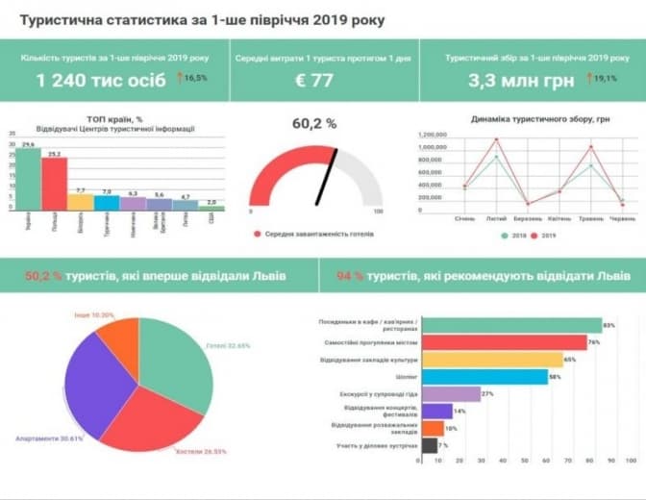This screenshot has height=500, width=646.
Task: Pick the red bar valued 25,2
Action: tap(54, 184)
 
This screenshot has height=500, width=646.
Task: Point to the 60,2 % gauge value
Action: tap(314, 124)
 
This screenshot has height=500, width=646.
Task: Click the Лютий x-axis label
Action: tap(496, 219)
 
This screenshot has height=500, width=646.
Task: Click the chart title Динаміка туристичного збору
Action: tap(527, 119)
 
